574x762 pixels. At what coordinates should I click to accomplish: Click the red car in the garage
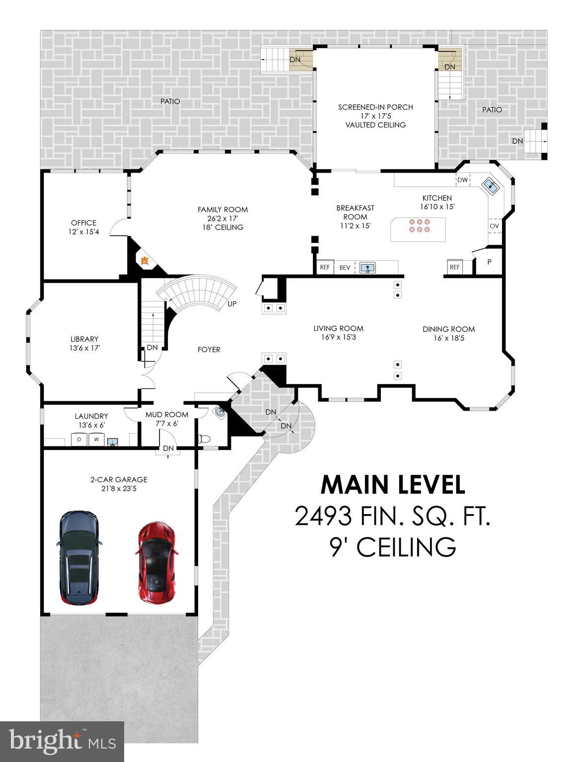pos(155,563)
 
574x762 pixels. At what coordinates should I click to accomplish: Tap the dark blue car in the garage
pos(79,558)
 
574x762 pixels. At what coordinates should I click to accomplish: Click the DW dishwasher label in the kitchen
pos(462,180)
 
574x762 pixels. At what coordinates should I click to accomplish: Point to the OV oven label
pos(494,226)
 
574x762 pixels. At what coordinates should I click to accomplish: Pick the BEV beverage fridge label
pos(345,267)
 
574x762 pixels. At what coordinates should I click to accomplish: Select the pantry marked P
pos(489,262)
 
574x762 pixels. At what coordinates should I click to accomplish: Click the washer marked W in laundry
pos(97,440)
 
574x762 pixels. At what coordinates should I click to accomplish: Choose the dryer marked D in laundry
pos(79,440)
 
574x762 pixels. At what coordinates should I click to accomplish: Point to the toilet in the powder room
pos(204,439)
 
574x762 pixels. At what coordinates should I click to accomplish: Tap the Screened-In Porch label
pos(375,107)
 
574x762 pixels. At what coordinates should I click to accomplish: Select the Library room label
pos(84,339)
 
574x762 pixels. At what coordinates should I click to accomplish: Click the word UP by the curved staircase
pos(232,304)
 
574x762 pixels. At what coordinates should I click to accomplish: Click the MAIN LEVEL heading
pos(393,485)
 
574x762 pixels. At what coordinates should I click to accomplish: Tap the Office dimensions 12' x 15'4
pos(83,232)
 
